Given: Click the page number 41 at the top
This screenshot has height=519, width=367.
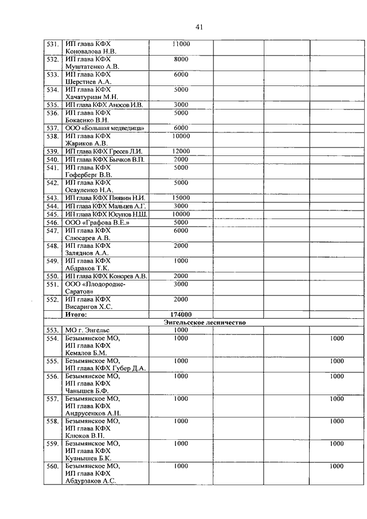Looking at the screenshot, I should [x=199, y=27].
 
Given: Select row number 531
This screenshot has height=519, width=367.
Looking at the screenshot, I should [x=53, y=44].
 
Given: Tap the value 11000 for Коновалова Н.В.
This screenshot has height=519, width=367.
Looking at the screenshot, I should [x=181, y=44].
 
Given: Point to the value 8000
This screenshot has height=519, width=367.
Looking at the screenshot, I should [x=181, y=59].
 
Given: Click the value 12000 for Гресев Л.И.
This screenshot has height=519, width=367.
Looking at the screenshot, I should [x=181, y=151].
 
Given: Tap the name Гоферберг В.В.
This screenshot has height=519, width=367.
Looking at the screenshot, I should [x=89, y=174].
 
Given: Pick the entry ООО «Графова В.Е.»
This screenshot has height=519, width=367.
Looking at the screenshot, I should [x=97, y=222].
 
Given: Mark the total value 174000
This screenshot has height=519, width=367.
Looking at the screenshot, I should [x=181, y=314].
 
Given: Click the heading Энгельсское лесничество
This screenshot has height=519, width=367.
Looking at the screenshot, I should [x=204, y=322].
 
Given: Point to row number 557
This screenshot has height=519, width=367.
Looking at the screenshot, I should [x=53, y=399].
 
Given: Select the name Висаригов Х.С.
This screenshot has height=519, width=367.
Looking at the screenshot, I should [x=89, y=307].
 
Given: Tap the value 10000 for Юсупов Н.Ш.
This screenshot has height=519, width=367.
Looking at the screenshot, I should [x=181, y=214].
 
